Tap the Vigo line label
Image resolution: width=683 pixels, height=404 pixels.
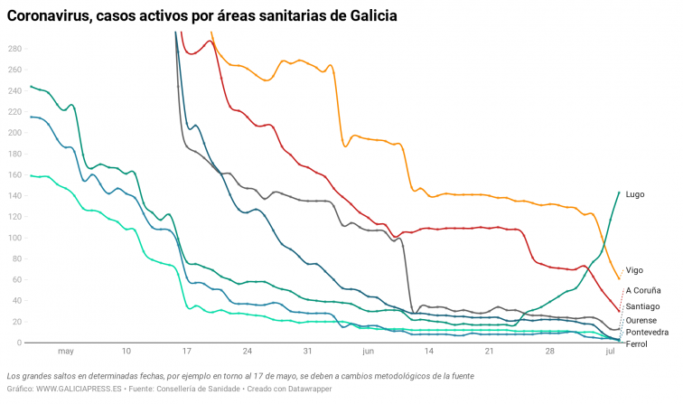[634, 270]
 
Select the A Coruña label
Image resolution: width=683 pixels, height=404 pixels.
[643, 290]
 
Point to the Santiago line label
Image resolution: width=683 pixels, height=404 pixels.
[643, 307]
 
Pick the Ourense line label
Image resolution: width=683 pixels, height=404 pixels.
[642, 321]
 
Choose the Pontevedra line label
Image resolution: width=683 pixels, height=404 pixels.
[648, 333]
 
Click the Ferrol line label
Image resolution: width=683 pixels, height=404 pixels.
[637, 344]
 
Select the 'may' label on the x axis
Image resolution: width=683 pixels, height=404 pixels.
[65, 352]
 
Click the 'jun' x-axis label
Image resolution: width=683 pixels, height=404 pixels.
[368, 352]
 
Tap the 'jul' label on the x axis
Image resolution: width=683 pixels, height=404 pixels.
[610, 352]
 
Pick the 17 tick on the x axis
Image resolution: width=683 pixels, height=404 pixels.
[186, 352]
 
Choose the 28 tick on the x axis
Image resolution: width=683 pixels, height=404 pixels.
[549, 352]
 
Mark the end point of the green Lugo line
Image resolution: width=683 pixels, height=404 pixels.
[619, 192]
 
